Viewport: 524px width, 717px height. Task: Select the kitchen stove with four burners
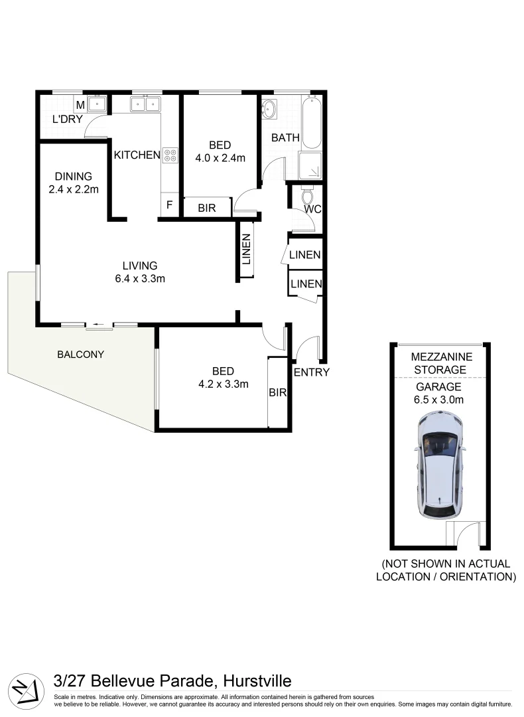(x=170, y=155)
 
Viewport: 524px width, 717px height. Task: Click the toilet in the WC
(x=306, y=197)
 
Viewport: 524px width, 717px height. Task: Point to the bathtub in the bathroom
(x=310, y=123)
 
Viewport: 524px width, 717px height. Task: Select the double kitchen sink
(x=145, y=104)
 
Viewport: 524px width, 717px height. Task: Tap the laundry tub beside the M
(x=97, y=104)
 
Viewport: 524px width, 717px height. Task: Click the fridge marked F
(x=169, y=206)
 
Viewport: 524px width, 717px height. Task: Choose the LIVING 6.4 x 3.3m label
(x=139, y=272)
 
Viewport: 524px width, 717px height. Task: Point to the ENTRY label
(x=311, y=372)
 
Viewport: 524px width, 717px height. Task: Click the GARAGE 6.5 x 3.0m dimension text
(x=439, y=393)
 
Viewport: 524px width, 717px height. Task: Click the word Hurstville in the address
(x=257, y=680)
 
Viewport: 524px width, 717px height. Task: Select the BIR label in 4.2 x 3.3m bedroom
(x=277, y=392)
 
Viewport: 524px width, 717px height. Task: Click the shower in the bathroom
(x=310, y=166)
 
